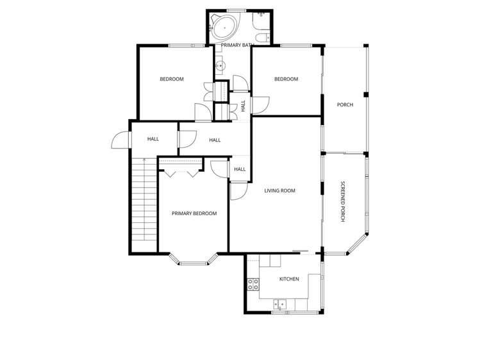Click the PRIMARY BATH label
point(238,45)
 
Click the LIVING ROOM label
point(279,190)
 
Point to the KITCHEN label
point(289,279)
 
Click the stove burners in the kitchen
point(252,284)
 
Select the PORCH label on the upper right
point(345,104)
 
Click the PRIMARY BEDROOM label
point(194,213)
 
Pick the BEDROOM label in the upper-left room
point(172,79)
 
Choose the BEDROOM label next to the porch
point(286,79)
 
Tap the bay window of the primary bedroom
point(194,259)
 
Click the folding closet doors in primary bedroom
point(181,170)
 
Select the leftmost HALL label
point(153,139)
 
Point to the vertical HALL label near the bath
point(243,105)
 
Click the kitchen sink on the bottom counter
point(279,303)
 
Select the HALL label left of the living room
point(240,169)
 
